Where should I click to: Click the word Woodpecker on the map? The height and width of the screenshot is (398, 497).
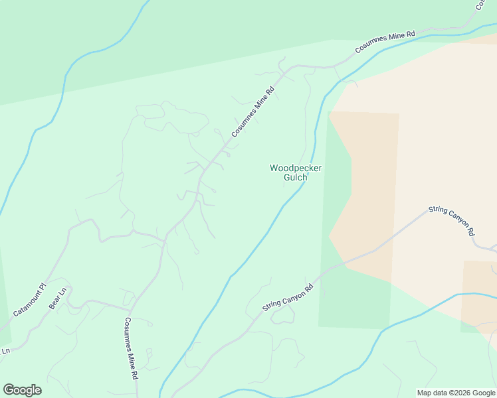coord(296,168)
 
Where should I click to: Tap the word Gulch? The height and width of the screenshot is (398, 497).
coord(296,178)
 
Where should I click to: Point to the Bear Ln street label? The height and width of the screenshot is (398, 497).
coord(58,298)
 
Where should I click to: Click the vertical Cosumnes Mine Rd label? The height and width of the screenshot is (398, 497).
coord(131,348)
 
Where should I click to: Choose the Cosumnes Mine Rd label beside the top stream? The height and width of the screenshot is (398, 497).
coord(385,42)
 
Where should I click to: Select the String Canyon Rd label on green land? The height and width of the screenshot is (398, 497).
coord(288,299)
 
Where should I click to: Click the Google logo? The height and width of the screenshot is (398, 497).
coord(22,390)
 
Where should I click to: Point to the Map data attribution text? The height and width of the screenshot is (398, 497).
coord(456,393)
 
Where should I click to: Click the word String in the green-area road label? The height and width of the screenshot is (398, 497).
coord(272,307)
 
